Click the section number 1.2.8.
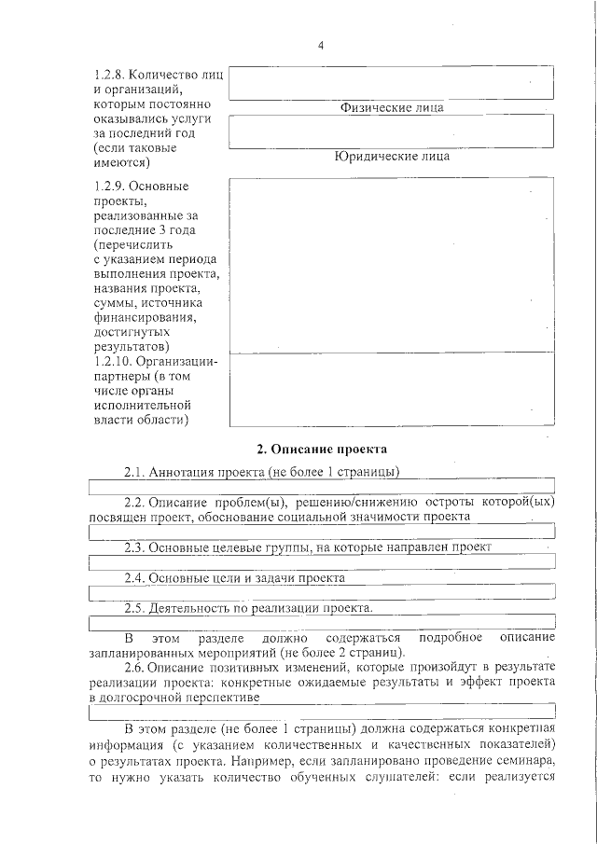coord(108,74)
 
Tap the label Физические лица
coord(391,107)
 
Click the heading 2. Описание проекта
coord(322,450)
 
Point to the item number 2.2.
coord(134,501)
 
